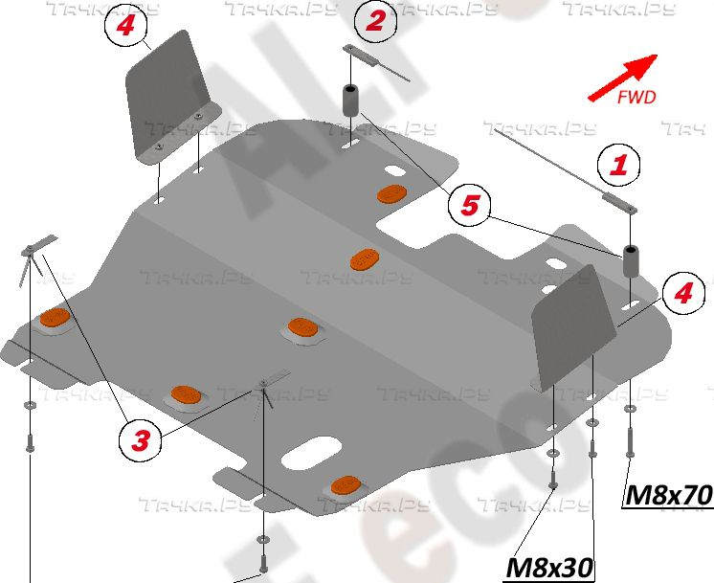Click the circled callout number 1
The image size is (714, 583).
coord(620,165)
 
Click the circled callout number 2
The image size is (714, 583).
coord(375,20)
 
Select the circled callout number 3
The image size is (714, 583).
coord(140,440)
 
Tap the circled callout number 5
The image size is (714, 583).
coord(470,204)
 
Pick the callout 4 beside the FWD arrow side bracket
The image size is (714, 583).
coord(682,293)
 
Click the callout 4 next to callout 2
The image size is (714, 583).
coord(125,26)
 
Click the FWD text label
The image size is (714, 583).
coord(636,97)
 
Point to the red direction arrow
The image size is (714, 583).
coord(622,76)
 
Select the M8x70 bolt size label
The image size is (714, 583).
coord(668,495)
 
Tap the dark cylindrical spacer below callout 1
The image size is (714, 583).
coord(631,261)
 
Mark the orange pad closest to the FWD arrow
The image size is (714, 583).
coord(391,194)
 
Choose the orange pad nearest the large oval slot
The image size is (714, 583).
coord(346,484)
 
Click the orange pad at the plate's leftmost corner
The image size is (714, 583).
coord(55,319)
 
